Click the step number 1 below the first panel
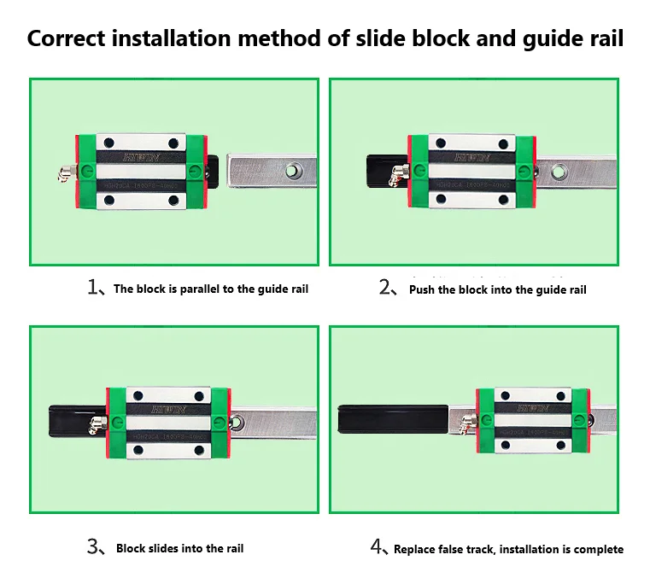[94, 287]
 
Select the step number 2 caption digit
[384, 287]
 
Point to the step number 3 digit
[93, 547]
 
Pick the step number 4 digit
[377, 547]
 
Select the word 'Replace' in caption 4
[416, 550]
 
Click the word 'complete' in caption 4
[598, 550]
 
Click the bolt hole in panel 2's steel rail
[559, 171]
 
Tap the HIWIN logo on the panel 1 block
[142, 158]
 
